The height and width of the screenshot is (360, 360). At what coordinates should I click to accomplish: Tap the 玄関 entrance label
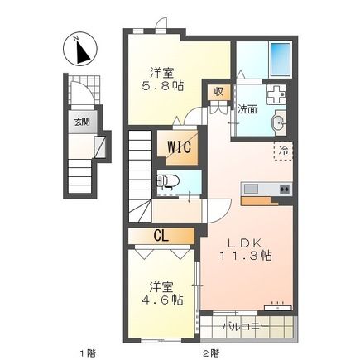pyautogui.click(x=81, y=123)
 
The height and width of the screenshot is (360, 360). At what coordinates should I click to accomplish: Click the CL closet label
pyautogui.click(x=161, y=235)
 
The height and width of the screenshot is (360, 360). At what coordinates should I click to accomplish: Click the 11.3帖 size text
pyautogui.click(x=246, y=257)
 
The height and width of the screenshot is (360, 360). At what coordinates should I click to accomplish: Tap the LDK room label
pyautogui.click(x=246, y=242)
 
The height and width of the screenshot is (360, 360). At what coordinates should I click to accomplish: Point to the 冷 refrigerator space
pyautogui.click(x=283, y=151)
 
